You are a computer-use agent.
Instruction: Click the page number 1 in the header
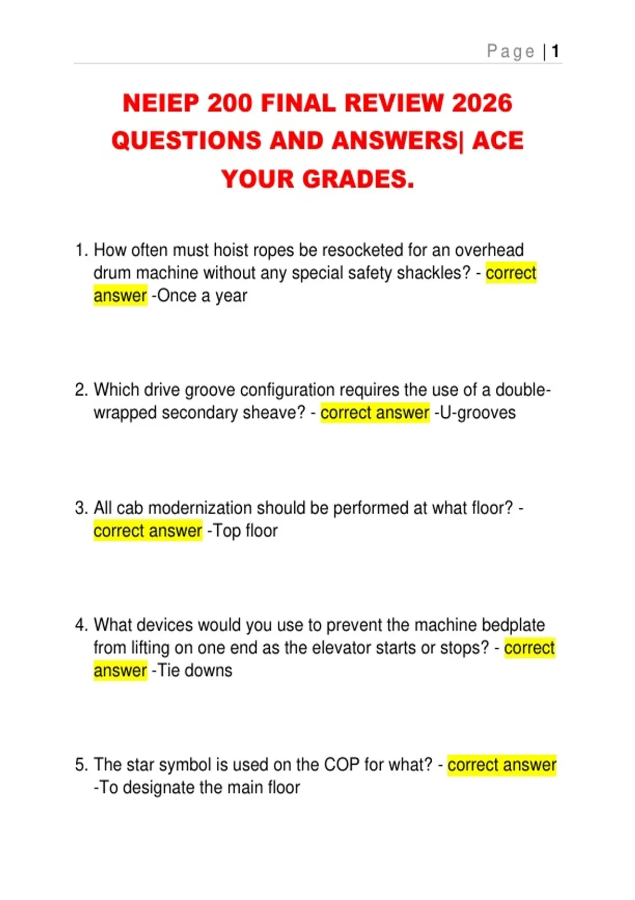[x=555, y=51]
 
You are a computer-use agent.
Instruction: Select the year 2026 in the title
[x=482, y=103]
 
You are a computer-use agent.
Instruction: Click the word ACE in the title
[x=497, y=141]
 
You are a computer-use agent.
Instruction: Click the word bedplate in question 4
[x=513, y=625]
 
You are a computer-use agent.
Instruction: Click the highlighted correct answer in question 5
[x=502, y=764]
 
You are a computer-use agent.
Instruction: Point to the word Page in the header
[x=511, y=51]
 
